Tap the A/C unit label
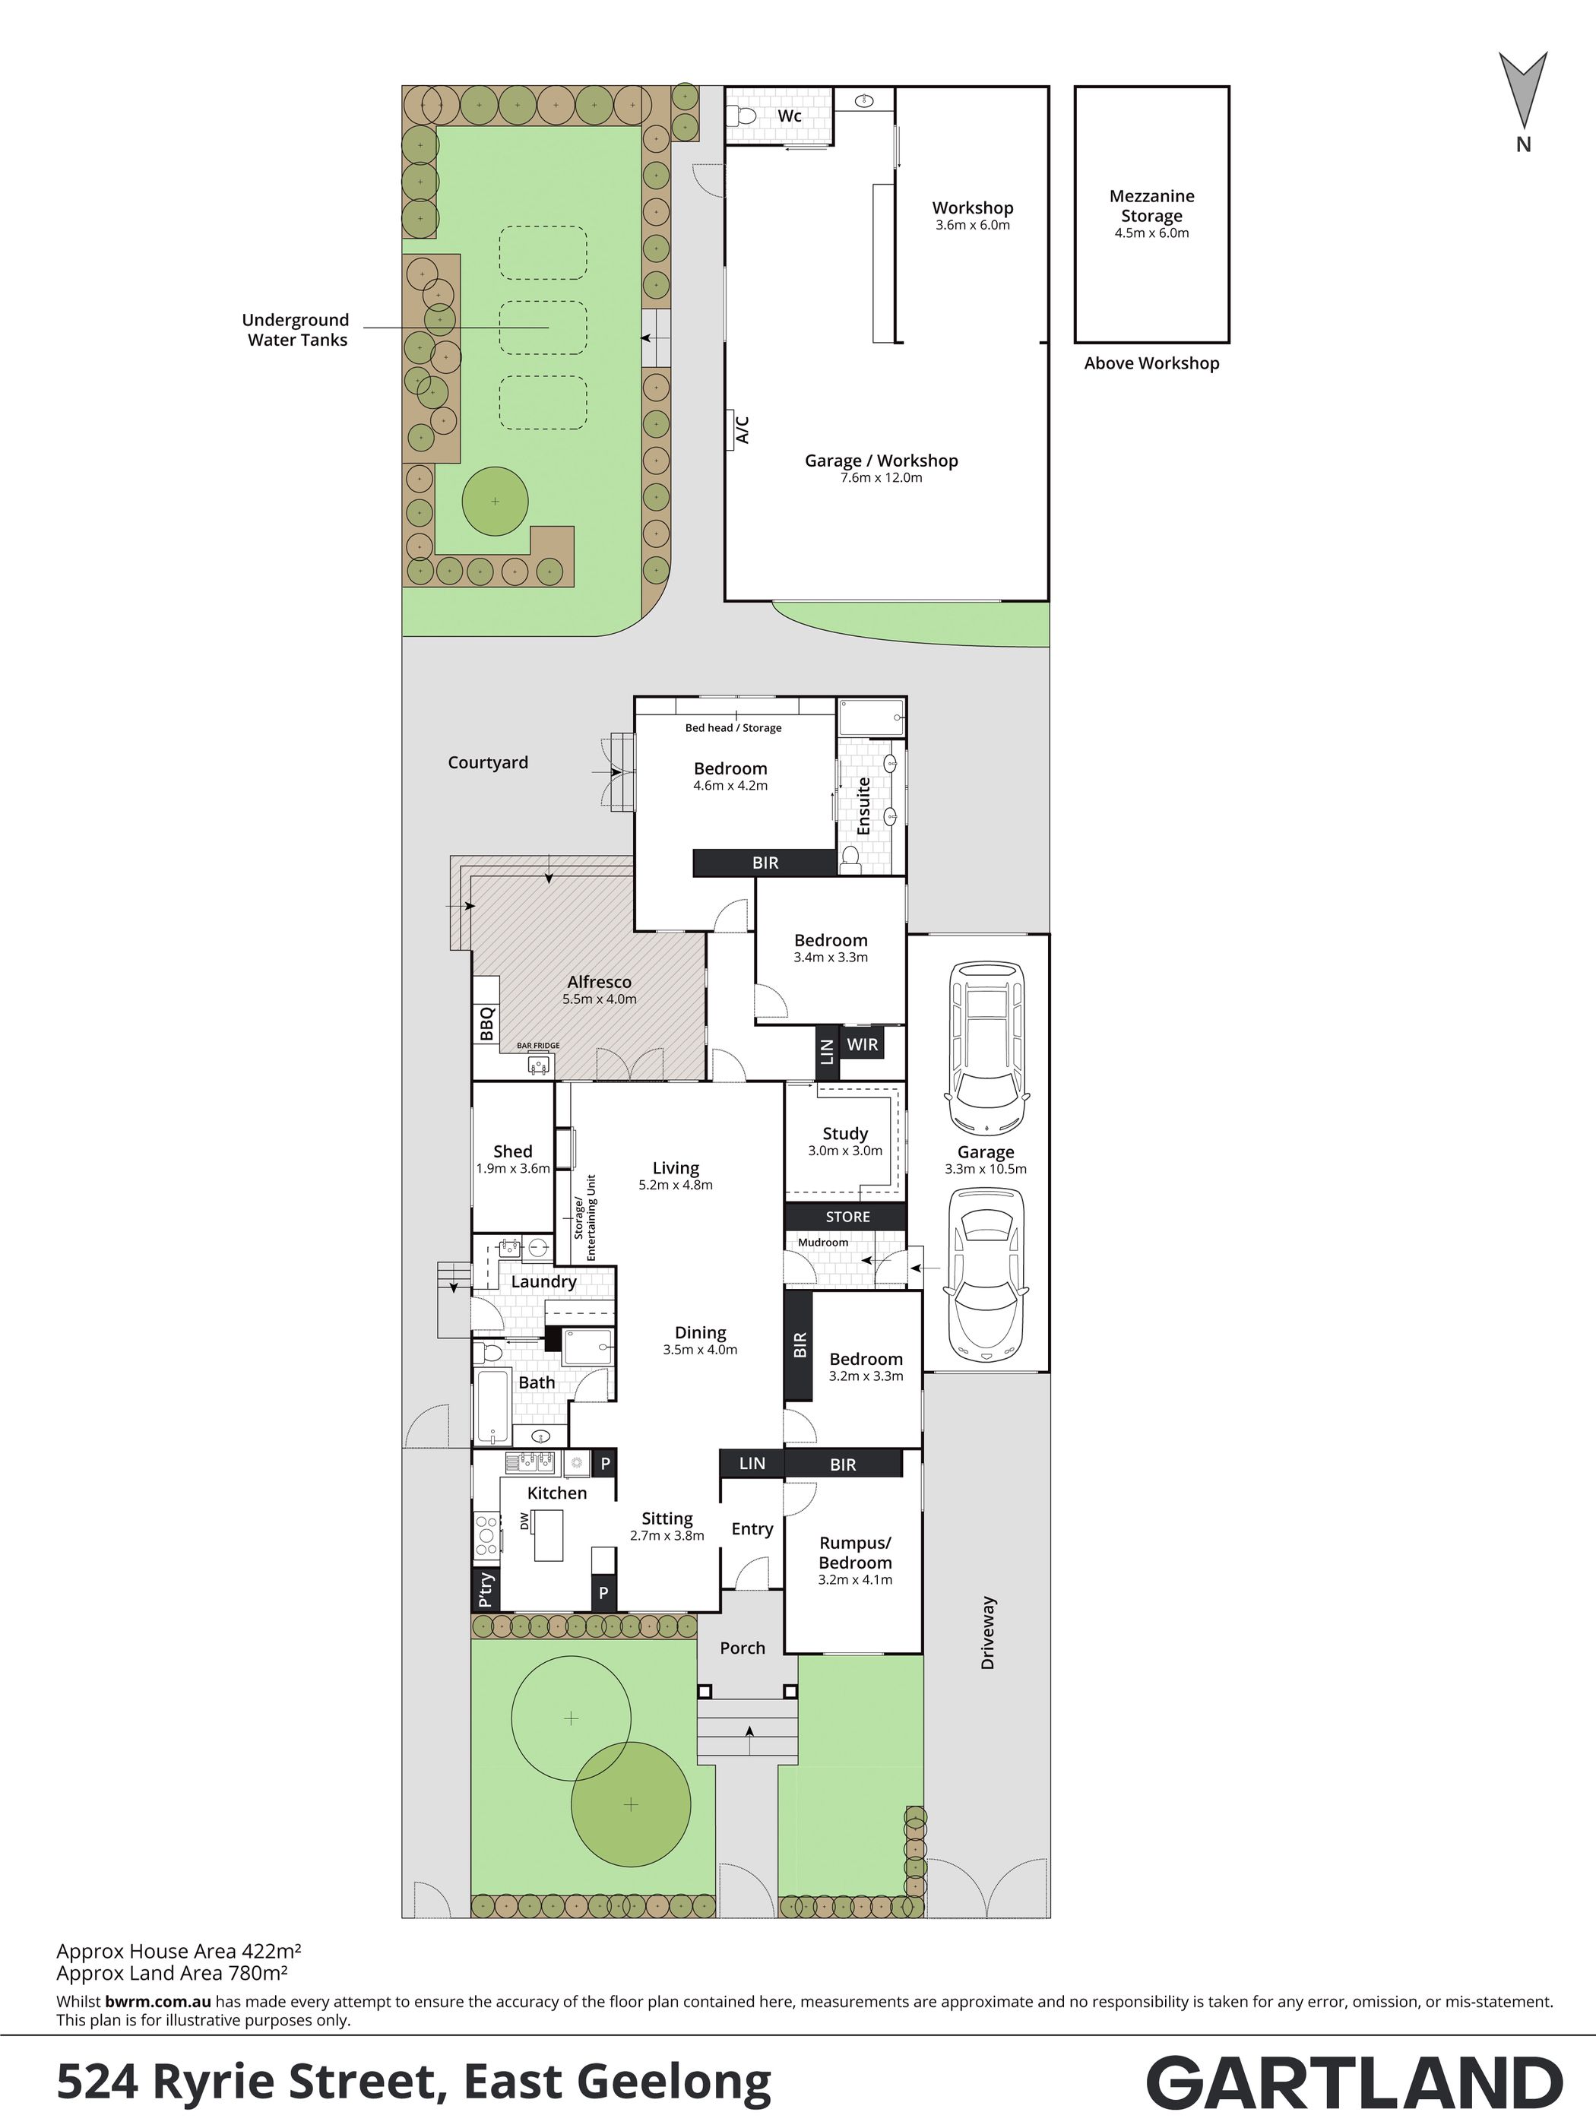click(x=742, y=428)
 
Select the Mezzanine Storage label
click(x=1151, y=206)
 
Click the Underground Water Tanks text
click(x=296, y=330)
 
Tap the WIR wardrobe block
click(x=862, y=1043)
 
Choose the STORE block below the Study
click(x=847, y=1217)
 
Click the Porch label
click(x=743, y=1648)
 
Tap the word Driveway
click(x=988, y=1632)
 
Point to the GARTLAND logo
click(x=1354, y=2082)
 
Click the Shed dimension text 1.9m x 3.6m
click(x=513, y=1169)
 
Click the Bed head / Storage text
click(x=733, y=727)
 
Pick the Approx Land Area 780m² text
click(x=173, y=1974)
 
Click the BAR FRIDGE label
click(x=538, y=1046)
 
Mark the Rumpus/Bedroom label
click(x=855, y=1553)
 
